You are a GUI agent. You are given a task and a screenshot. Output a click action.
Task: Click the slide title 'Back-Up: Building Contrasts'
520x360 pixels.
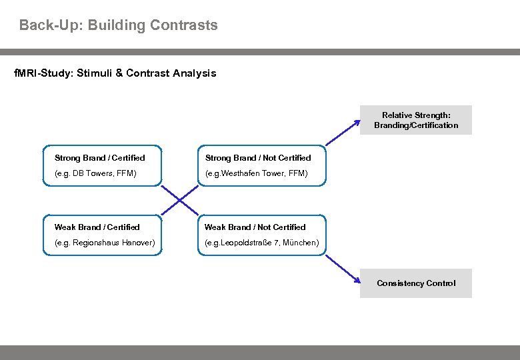pyautogui.click(x=118, y=25)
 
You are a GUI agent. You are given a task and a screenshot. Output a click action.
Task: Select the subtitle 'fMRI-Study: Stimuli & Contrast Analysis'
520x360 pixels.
pyautogui.click(x=115, y=73)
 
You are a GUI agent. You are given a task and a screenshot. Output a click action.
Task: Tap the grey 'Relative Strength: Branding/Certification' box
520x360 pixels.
pyautogui.click(x=416, y=120)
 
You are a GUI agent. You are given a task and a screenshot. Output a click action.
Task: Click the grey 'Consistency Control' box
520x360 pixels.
pyautogui.click(x=416, y=283)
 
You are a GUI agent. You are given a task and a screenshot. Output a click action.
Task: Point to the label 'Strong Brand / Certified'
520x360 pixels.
pyautogui.click(x=99, y=158)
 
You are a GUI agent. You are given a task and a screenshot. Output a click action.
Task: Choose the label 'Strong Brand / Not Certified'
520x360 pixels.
pyautogui.click(x=257, y=158)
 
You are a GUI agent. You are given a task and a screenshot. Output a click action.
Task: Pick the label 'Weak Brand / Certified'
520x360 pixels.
pyautogui.click(x=97, y=227)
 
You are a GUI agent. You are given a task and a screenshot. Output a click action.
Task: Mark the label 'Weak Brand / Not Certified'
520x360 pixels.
pyautogui.click(x=255, y=227)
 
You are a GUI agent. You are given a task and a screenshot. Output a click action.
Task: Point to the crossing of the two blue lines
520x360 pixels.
pyautogui.click(x=179, y=201)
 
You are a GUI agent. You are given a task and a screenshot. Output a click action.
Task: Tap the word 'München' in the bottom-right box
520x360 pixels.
pyautogui.click(x=301, y=243)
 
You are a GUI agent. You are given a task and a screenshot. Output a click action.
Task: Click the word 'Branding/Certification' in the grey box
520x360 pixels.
pyautogui.click(x=416, y=125)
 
